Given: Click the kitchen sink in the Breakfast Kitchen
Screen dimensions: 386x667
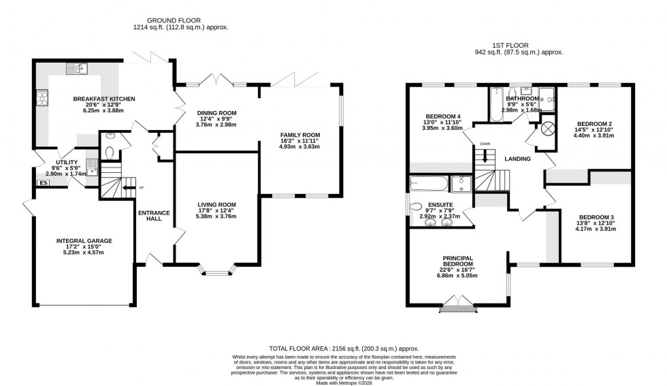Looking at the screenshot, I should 76,67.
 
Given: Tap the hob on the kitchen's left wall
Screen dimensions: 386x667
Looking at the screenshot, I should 44,99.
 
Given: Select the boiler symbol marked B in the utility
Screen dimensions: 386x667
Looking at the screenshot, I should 44,183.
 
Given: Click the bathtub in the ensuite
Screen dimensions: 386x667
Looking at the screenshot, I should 429,183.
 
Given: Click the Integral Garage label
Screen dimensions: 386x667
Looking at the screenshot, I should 84,240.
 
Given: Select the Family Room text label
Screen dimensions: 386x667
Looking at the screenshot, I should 299,135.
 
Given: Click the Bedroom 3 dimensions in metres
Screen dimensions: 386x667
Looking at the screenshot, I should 596,229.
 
